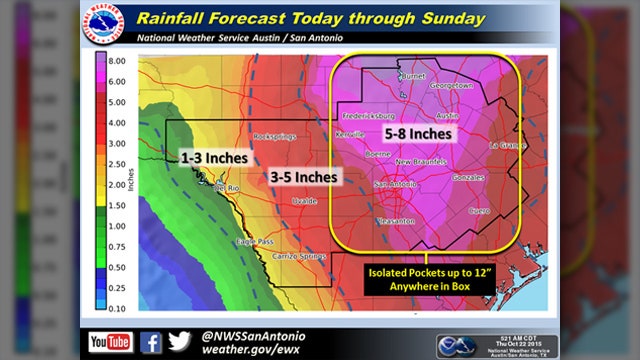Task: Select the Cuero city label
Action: tap(480, 211)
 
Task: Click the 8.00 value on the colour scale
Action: tap(116, 60)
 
